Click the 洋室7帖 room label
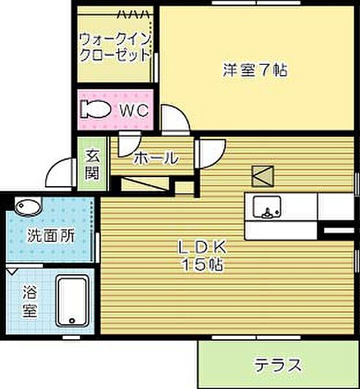[x=255, y=69]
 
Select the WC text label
[x=133, y=110]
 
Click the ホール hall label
[x=155, y=158]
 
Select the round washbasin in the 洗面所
[x=28, y=207]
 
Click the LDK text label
[x=202, y=247]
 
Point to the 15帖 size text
[x=202, y=265]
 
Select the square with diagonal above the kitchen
[x=263, y=175]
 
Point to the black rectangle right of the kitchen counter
[x=339, y=231]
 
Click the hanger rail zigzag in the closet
[x=136, y=12]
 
